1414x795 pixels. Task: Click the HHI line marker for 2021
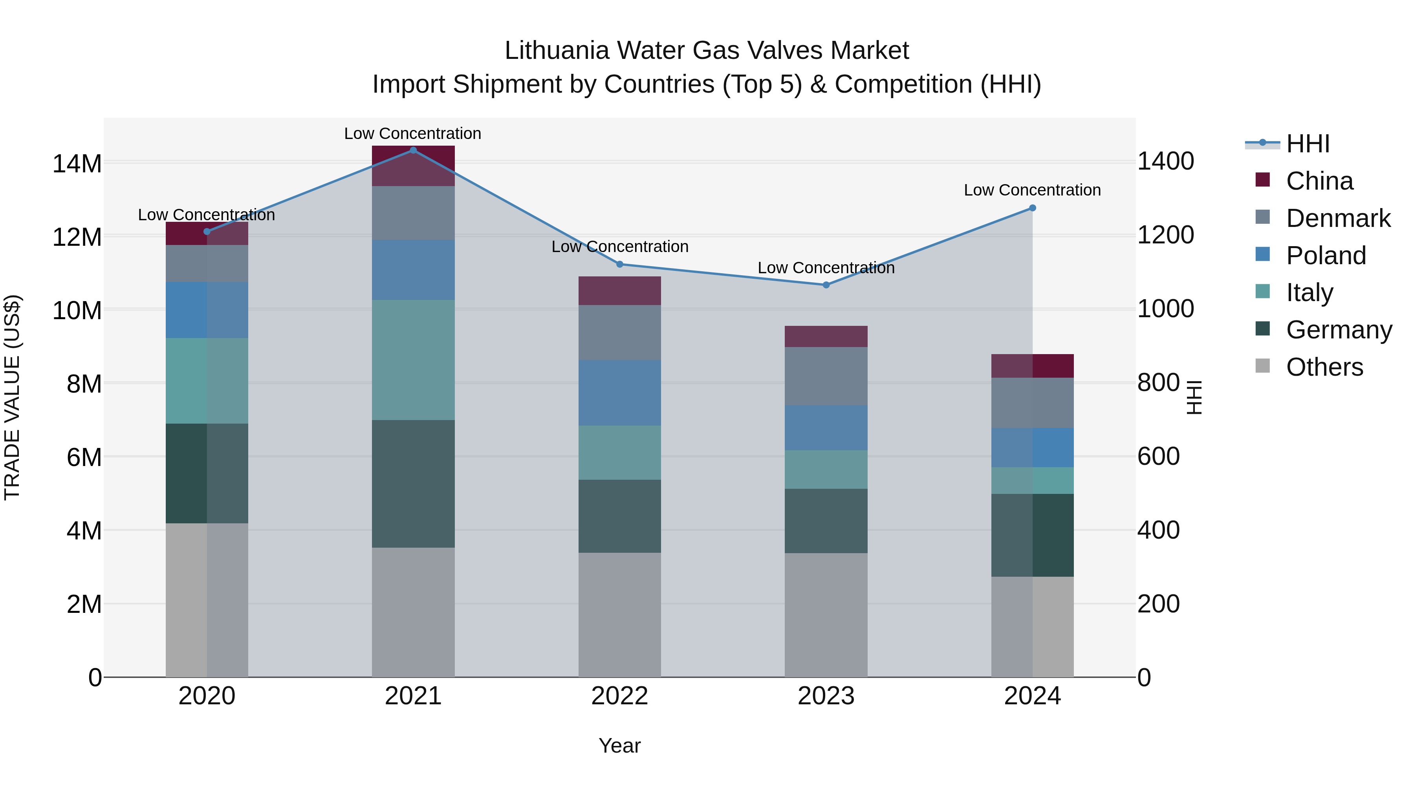(x=413, y=150)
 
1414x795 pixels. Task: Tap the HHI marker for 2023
(x=826, y=285)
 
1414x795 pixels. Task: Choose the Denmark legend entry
(x=1338, y=218)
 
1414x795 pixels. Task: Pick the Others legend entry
(x=1324, y=367)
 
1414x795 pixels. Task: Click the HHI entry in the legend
(x=1308, y=144)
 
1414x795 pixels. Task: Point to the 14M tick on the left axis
(x=77, y=163)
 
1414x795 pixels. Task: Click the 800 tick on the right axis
(x=1158, y=382)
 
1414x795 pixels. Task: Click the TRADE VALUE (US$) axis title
(x=12, y=397)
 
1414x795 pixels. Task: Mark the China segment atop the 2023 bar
(x=826, y=336)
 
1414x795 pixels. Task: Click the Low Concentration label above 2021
(x=412, y=133)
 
